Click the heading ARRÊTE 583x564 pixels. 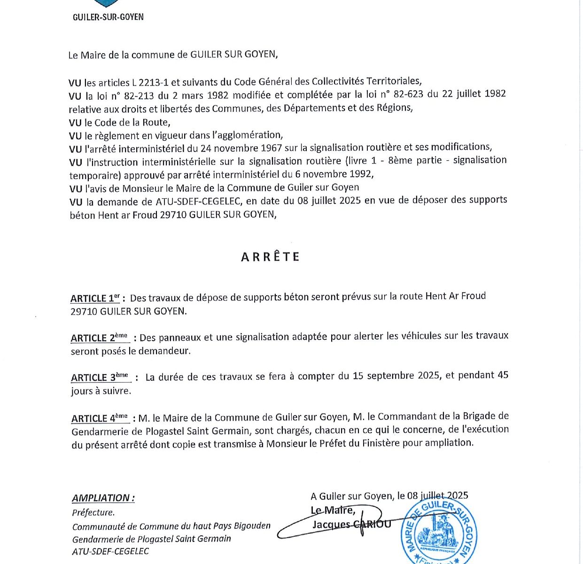point(270,257)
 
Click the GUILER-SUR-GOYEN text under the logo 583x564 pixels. point(108,17)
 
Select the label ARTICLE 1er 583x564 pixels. point(95,298)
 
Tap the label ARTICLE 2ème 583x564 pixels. point(100,338)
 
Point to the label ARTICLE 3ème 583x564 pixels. point(100,377)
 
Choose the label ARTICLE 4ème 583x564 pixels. point(100,418)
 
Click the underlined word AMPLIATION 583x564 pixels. point(103,498)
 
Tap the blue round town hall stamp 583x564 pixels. point(439,531)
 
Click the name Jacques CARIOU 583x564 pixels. point(351,524)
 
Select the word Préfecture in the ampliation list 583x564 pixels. point(93,512)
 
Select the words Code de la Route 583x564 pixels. point(132,123)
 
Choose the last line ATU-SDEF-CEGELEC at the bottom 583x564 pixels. point(110,551)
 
